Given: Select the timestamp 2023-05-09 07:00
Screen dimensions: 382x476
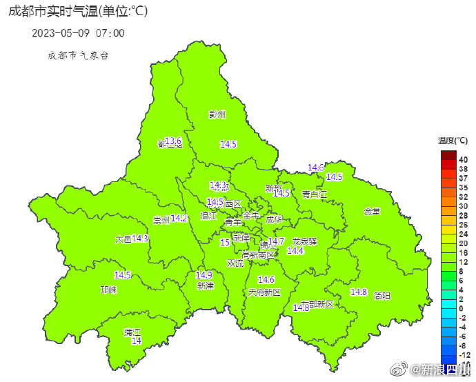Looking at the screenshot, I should [78, 32].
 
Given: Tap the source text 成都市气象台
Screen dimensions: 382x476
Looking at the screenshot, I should [78, 55].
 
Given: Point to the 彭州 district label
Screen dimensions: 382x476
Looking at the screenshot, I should [217, 114].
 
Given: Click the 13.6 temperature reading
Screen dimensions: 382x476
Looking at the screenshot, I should [173, 141].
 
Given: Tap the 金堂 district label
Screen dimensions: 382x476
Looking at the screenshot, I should [372, 211].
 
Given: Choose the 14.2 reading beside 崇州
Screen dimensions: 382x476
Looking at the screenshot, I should [179, 218].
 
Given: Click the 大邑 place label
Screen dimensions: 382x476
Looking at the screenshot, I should [123, 239].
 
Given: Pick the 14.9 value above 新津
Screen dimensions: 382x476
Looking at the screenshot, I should [204, 274].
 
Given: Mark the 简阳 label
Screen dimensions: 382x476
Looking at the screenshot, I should [381, 296].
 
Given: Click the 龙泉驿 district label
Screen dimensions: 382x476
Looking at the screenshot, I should [304, 241].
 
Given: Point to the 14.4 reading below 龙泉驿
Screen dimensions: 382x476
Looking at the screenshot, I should [295, 251].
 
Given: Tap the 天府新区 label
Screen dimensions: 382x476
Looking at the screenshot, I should [265, 292].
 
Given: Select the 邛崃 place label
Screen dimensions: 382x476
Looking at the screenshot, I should [109, 290].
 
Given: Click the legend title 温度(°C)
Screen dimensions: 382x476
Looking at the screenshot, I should [453, 141].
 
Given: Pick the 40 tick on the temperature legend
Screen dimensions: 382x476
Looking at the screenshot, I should [464, 159].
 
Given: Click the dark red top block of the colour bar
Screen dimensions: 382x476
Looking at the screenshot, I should [448, 154].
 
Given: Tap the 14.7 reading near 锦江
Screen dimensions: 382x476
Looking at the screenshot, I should [276, 241].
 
